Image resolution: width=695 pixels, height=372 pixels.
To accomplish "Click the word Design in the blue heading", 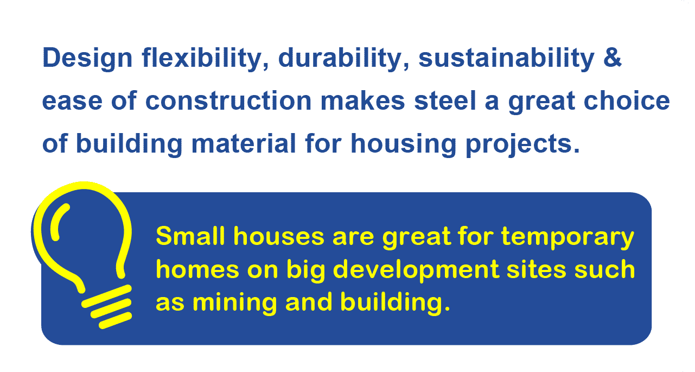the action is (87, 58).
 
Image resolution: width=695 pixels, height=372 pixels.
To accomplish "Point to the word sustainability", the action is (506, 58).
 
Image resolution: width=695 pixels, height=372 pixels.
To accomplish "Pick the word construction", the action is (228, 100).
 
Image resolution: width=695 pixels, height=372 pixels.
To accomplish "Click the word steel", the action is (445, 100).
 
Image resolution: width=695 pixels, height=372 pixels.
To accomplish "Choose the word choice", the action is (627, 100).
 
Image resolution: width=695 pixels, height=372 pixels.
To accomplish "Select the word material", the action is (244, 143).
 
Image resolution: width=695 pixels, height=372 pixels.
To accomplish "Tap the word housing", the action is (403, 144).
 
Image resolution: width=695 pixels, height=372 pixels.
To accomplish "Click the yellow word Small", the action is (190, 236).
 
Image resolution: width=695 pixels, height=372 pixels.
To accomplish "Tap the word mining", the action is (235, 303).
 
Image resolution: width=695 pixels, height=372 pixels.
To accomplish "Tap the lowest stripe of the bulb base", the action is (115, 320).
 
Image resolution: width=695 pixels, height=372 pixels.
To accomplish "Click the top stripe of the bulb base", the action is (106, 296).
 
